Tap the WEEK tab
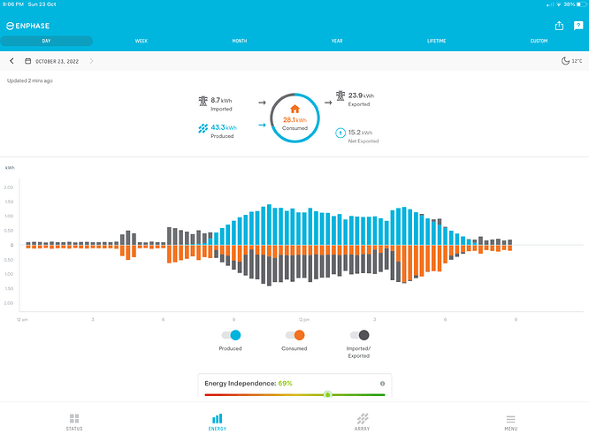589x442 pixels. (x=142, y=42)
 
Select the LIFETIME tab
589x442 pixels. (x=436, y=42)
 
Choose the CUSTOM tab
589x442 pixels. (x=539, y=42)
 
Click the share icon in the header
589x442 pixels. (x=559, y=26)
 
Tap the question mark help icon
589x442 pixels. (x=578, y=26)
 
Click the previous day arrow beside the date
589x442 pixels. (x=11, y=61)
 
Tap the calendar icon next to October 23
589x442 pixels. (x=28, y=61)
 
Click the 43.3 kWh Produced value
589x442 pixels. (x=223, y=128)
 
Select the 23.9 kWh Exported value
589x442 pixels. (x=360, y=95)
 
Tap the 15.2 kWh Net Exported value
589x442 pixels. (x=360, y=133)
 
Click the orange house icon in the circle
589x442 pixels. (x=294, y=109)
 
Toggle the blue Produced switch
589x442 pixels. (x=231, y=335)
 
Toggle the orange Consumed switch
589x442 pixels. (x=294, y=335)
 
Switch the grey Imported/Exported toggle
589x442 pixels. (x=360, y=335)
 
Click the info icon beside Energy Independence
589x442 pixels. (x=382, y=384)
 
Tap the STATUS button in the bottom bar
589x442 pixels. (x=74, y=421)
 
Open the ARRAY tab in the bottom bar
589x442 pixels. (x=363, y=421)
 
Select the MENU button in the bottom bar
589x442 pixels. (x=510, y=421)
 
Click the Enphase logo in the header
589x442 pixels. (x=31, y=27)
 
